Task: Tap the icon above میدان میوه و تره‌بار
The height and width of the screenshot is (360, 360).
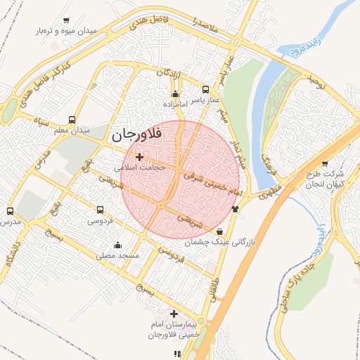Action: click(66, 20)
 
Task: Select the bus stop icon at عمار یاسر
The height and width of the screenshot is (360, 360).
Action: click(205, 89)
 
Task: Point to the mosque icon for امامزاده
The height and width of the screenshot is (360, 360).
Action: click(175, 94)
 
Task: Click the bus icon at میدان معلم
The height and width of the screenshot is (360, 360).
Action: click(72, 120)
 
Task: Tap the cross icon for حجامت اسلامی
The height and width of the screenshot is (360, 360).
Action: click(139, 157)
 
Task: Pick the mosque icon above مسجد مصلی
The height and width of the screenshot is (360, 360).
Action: click(117, 245)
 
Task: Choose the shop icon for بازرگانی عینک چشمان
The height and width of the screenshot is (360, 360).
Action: click(220, 231)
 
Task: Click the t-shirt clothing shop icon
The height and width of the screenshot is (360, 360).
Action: click(235, 207)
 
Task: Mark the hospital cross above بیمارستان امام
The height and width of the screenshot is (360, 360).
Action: click(174, 313)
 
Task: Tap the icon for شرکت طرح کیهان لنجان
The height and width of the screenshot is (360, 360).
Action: click(325, 163)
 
